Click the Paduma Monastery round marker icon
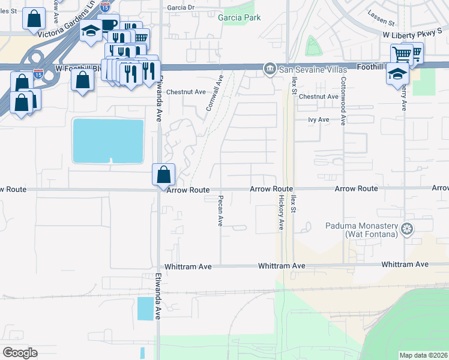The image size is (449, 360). (x=408, y=229)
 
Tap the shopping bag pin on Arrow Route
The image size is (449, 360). (x=163, y=176)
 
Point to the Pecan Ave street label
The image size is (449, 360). (x=220, y=211)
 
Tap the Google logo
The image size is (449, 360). (x=20, y=353)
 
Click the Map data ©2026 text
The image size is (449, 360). (x=423, y=355)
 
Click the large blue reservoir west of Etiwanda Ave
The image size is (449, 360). (x=108, y=140)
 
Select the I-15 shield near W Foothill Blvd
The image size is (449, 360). (x=38, y=74)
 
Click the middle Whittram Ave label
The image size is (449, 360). (x=282, y=265)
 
